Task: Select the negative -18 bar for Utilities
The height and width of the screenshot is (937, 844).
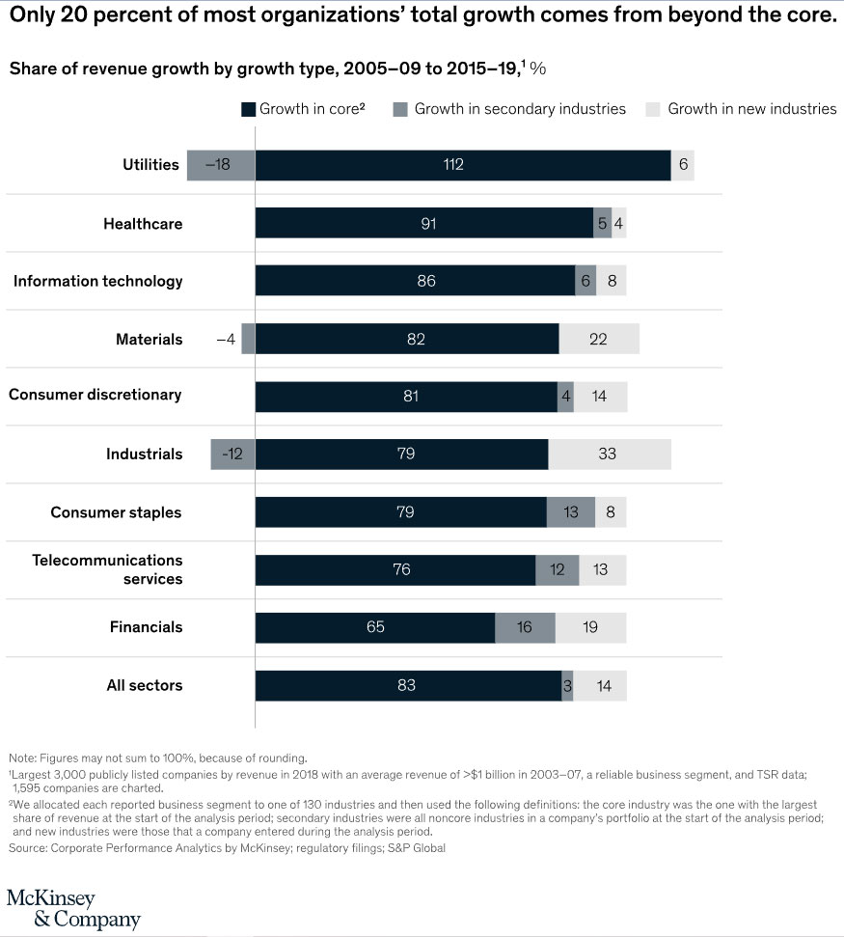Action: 221,165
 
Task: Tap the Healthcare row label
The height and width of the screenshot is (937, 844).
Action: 143,224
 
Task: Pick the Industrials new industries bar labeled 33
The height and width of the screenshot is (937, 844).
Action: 609,454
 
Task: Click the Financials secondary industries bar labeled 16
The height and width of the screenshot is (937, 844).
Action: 525,627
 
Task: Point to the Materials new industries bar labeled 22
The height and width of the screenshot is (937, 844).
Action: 598,339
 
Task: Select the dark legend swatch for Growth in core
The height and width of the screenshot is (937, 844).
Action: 248,109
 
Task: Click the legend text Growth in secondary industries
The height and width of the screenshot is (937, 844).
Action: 520,109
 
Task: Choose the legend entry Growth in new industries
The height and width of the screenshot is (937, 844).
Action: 751,109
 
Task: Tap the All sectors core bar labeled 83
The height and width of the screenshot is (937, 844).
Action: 408,686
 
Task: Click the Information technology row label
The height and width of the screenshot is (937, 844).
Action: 97,281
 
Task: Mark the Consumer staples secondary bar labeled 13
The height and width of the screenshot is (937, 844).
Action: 570,512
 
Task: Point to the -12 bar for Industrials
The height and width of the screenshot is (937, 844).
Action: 232,454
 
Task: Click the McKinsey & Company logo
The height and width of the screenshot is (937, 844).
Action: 73,908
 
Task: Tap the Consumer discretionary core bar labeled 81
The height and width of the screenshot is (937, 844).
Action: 406,396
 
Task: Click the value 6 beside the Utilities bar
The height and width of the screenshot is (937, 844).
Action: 683,165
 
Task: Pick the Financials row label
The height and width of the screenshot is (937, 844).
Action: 146,627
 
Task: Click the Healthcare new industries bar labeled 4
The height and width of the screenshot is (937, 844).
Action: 619,224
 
